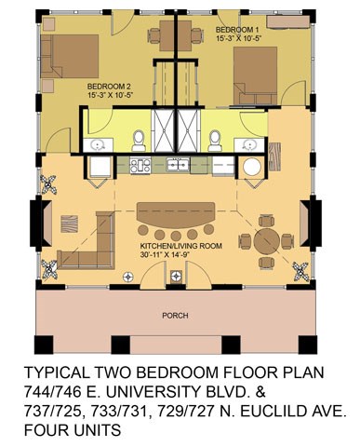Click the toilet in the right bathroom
coord(214,141)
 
